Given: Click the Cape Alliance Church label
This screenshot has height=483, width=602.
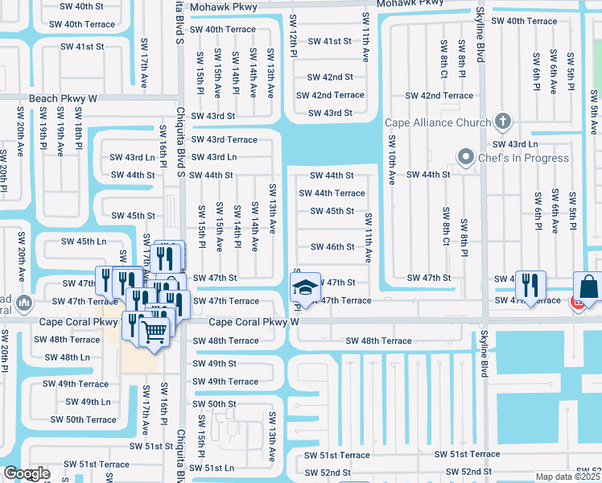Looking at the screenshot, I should pos(438,122).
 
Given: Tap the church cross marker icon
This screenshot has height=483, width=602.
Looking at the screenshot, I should pos(503,122).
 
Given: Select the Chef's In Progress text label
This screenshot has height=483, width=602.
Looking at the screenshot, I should pos(523,157).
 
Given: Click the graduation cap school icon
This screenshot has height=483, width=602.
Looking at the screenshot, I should pos(305,287).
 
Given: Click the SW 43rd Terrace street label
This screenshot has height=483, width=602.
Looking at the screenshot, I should pos(224,139).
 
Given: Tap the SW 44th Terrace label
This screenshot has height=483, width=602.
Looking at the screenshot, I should pos(332,193).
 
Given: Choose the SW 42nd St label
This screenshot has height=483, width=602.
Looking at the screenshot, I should pos(331,77).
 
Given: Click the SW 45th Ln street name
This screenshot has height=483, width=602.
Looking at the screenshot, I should pos(85,242).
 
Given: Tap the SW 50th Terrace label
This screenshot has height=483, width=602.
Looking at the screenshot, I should pos(83,419).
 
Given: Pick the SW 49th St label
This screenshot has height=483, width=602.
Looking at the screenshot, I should pos(215,363).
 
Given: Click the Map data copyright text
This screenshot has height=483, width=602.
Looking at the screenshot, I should pos(568,477).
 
